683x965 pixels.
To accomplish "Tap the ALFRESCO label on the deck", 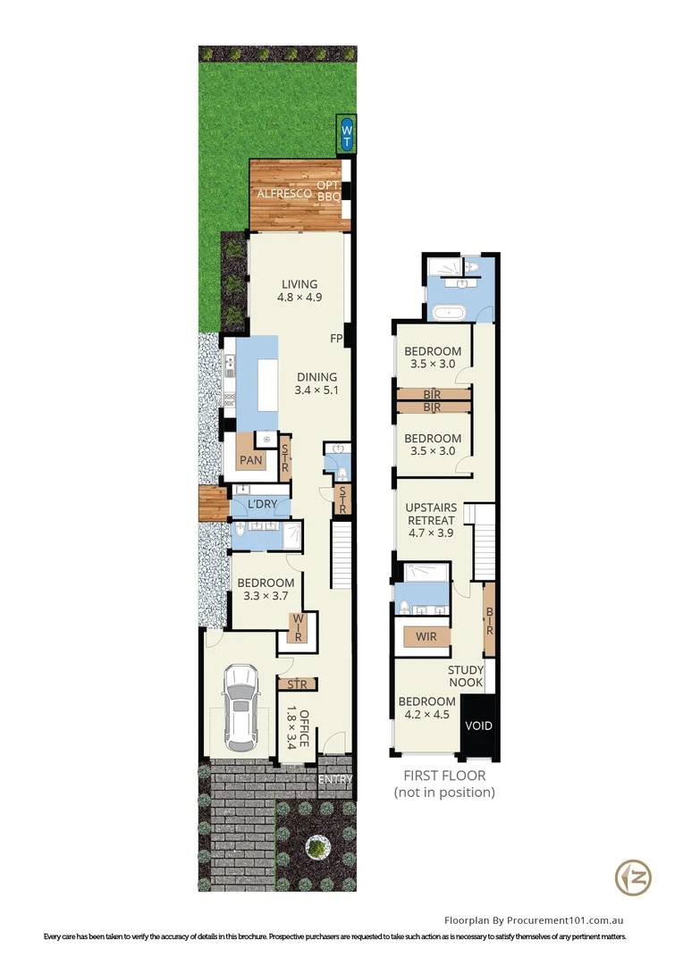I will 284,193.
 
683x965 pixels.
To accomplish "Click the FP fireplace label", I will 336,339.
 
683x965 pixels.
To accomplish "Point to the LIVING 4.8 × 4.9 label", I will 299,291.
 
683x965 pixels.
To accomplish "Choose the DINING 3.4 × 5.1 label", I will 316,383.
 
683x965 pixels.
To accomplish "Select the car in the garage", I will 240,708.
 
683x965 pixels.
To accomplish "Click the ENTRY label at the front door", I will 335,779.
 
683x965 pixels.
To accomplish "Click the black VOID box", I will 478,726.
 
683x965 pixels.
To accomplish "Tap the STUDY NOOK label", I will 466,676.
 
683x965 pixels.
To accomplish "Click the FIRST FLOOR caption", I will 444,776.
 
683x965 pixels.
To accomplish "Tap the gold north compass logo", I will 633,877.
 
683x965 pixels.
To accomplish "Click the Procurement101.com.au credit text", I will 535,919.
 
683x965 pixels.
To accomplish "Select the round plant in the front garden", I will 316,844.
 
